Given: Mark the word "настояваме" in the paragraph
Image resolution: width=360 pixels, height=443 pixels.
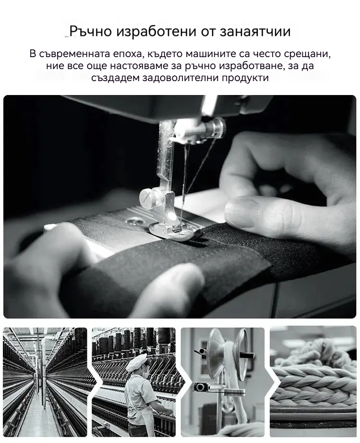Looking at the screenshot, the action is point(140,66).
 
